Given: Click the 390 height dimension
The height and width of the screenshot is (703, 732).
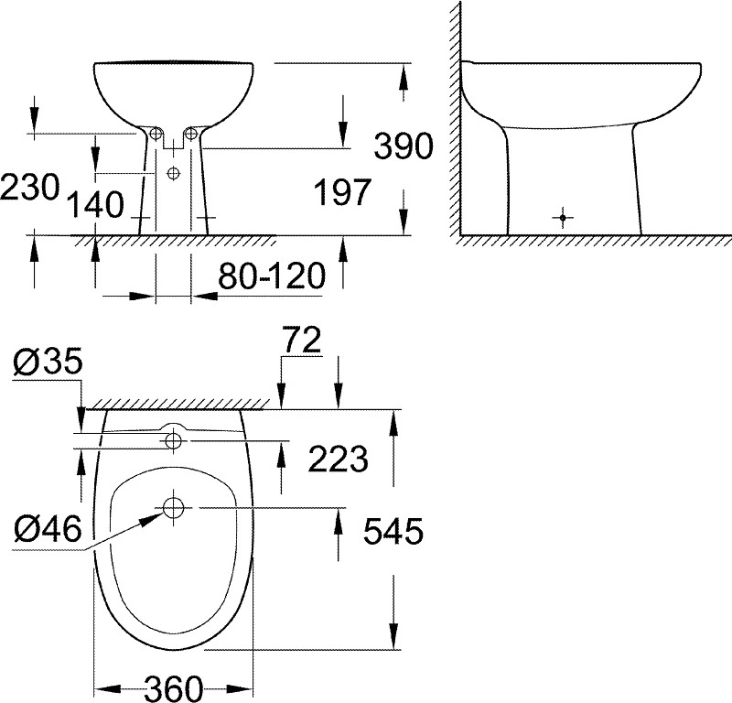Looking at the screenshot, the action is click(404, 146).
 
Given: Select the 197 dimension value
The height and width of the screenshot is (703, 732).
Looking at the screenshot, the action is click(342, 191).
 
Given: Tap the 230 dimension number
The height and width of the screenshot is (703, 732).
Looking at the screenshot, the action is click(30, 188).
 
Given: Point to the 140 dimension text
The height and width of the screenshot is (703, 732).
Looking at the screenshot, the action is click(95, 205).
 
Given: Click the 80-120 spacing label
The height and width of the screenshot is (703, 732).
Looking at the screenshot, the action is click(272, 276).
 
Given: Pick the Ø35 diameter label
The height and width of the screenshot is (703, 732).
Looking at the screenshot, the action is click(48, 361).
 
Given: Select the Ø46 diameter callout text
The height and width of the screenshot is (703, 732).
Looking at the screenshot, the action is click(48, 529).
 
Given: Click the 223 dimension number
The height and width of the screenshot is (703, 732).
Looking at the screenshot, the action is click(339, 459).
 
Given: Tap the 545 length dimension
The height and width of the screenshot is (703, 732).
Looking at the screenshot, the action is click(393, 531).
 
